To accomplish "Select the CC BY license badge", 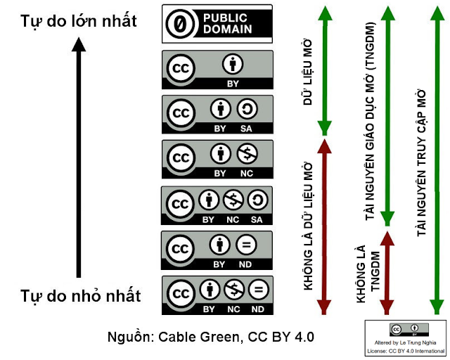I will (217, 70).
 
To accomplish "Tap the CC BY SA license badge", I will (217, 114).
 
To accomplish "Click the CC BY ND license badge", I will (217, 250).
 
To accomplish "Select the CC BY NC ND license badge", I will (217, 295).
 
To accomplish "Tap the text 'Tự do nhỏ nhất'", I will (80, 295).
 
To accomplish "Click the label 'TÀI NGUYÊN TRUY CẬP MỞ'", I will (420, 162).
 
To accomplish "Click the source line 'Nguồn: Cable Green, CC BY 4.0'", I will (211, 336).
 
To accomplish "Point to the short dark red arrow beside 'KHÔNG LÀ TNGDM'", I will (387, 271).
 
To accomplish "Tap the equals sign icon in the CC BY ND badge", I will (246, 246).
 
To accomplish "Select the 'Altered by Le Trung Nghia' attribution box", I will (406, 338).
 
